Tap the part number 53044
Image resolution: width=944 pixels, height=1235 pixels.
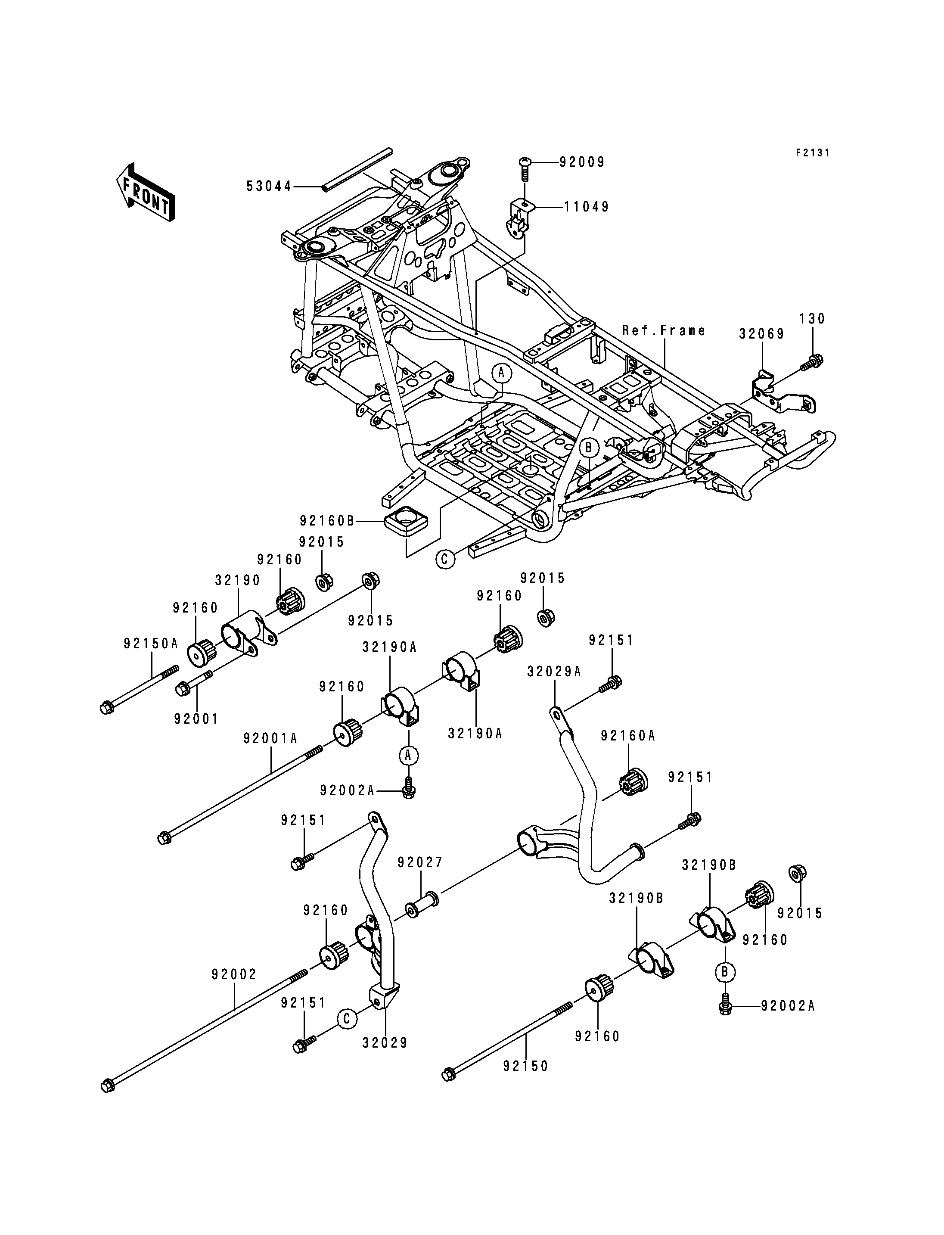269,186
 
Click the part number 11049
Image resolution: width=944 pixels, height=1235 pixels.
587,207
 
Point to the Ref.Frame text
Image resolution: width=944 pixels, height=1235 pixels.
664,330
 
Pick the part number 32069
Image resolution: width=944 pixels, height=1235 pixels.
761,334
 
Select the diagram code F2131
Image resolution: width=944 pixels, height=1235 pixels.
813,152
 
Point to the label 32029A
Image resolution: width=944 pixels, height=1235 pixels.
554,671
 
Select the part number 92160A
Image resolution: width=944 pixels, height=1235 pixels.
627,736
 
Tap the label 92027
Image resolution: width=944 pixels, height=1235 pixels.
420,878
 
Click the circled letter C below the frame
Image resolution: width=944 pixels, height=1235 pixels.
445,559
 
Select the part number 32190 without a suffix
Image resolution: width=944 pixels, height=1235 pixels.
238,580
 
